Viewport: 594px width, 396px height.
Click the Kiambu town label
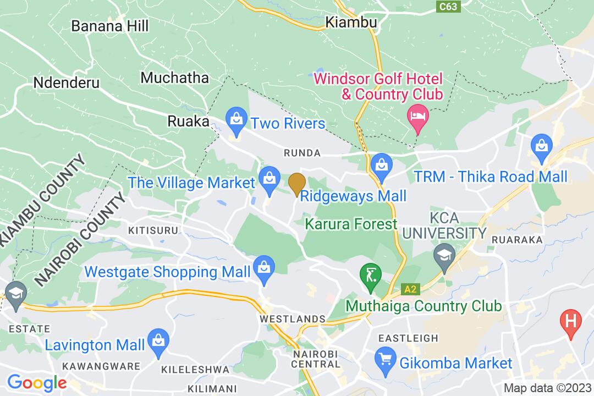click(x=351, y=23)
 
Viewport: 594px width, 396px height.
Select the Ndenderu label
click(x=67, y=83)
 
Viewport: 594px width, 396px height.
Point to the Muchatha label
click(x=175, y=78)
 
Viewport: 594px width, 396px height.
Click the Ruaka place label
click(x=189, y=121)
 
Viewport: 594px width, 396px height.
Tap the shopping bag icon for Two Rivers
click(x=236, y=120)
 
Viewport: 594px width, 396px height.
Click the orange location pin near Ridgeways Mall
click(x=297, y=183)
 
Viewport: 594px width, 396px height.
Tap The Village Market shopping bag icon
click(x=269, y=179)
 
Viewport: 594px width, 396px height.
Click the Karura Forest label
click(x=351, y=224)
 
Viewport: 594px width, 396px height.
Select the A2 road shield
click(x=410, y=289)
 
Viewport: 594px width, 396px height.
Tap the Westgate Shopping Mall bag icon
click(x=265, y=268)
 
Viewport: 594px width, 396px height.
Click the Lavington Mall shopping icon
click(x=158, y=339)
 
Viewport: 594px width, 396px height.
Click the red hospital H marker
click(x=571, y=320)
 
